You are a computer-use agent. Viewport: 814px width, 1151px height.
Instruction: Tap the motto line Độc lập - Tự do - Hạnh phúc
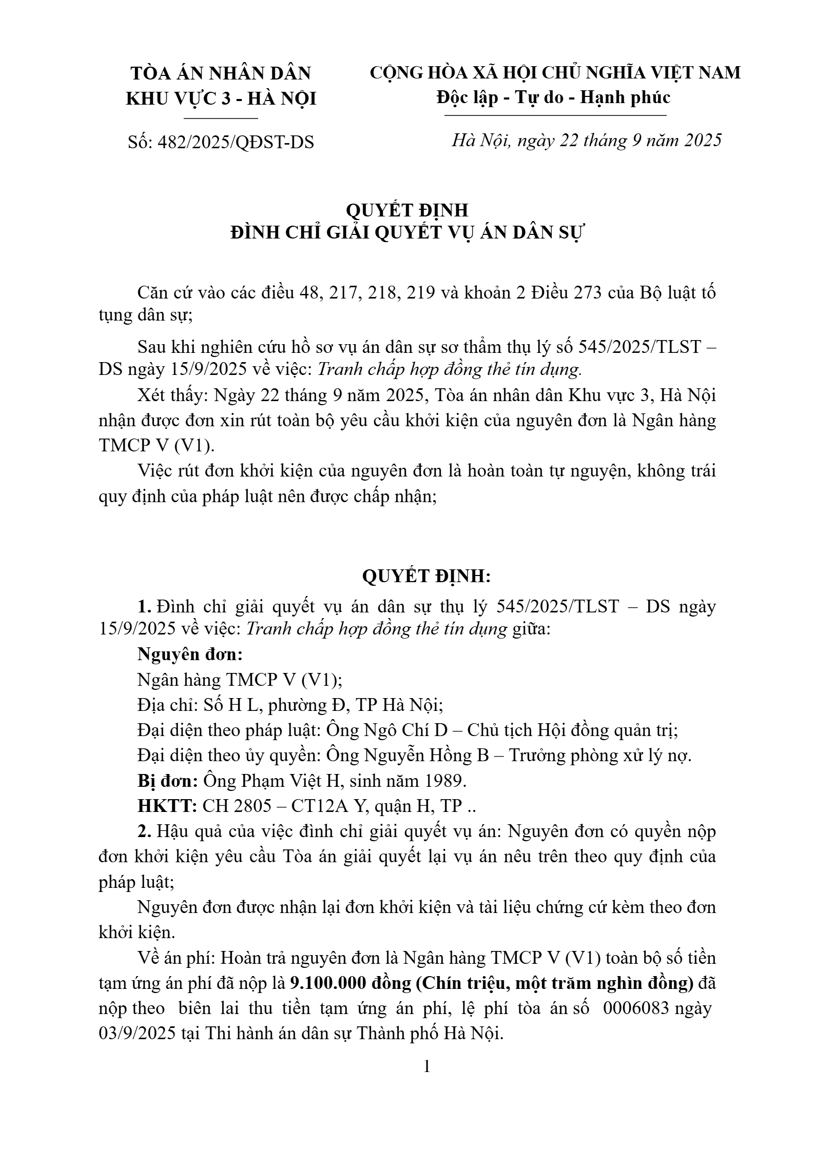pos(554,97)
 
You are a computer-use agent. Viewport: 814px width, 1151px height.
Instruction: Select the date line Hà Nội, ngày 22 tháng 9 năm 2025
pos(586,140)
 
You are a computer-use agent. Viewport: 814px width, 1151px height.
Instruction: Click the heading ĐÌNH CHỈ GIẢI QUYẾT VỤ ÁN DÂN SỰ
pos(408,233)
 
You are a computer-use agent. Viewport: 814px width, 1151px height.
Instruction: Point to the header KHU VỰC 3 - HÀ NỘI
pos(221,98)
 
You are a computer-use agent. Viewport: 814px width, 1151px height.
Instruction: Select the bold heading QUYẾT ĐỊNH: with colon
pos(427,577)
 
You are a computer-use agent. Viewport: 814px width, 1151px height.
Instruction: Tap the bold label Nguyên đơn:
pos(190,654)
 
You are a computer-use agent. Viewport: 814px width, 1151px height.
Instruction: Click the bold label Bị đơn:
pos(168,781)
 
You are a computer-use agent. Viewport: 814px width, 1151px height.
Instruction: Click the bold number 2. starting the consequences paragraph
pos(144,831)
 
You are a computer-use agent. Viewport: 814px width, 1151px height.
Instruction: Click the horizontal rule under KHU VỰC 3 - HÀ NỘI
pos(221,118)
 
